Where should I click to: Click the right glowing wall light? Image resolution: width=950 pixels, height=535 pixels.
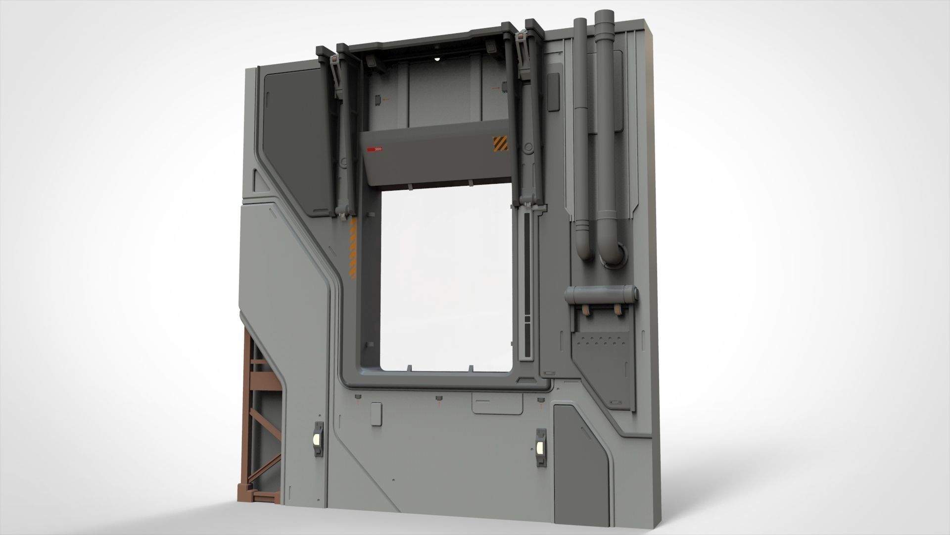(540, 448)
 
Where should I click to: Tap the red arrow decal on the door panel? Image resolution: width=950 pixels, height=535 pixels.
(375, 149)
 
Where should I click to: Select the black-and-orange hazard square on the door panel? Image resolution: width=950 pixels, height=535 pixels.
(500, 144)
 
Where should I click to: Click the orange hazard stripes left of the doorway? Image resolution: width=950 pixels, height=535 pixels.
(353, 250)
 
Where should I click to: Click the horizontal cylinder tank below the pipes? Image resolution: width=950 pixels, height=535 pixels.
(601, 295)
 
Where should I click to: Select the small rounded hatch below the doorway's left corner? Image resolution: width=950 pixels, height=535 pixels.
(376, 414)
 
